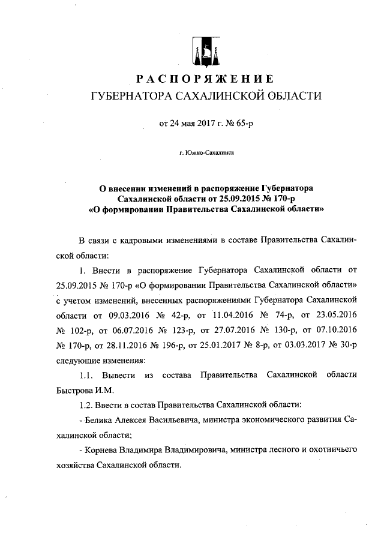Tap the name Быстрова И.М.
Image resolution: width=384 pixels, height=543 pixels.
click(x=79, y=390)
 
